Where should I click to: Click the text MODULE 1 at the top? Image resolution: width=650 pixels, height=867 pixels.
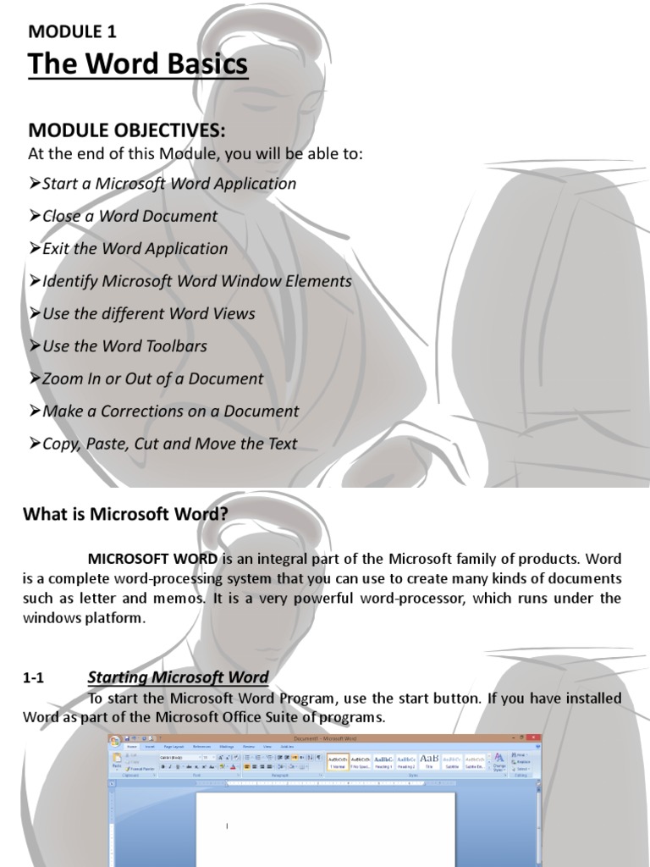[x=72, y=32]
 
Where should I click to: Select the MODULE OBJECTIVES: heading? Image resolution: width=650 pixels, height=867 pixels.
[x=128, y=130]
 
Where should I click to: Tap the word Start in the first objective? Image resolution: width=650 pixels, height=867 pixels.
[x=59, y=184]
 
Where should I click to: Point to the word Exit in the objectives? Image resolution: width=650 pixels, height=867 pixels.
[x=56, y=249]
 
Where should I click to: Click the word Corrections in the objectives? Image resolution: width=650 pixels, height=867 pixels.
[x=149, y=411]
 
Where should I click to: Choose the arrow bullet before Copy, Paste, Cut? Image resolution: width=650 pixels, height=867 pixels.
[x=35, y=444]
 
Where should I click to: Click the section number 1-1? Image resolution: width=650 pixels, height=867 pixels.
[x=33, y=678]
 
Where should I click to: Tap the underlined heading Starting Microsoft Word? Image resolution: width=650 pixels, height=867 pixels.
[x=178, y=677]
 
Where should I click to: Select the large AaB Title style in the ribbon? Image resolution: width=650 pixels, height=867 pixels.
[x=429, y=758]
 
